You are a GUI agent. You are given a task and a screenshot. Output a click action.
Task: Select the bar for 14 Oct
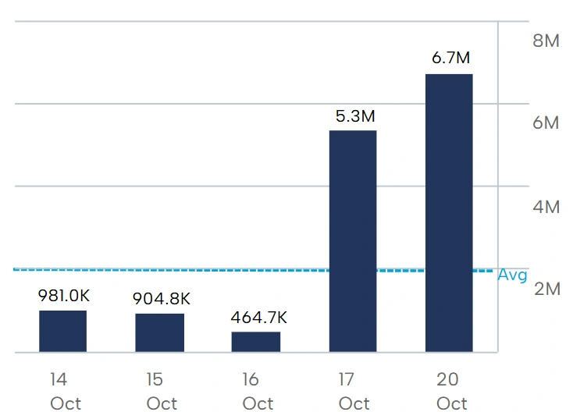coord(62,331)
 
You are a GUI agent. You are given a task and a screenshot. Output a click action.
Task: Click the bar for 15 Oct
coord(159,332)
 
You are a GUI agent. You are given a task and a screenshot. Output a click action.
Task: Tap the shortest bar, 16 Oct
coord(255,342)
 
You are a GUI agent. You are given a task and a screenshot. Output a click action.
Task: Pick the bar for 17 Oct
coord(352,241)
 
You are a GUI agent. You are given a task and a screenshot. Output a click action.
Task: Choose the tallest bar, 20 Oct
coord(449,213)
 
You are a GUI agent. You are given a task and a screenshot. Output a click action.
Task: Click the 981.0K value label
coord(63,296)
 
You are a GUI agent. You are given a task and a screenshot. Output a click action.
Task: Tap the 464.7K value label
coord(258,318)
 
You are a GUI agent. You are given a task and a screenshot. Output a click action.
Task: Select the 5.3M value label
coord(355,116)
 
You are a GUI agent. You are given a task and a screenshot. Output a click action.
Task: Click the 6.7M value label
coord(451,59)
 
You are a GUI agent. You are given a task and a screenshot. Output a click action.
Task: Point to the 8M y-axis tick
coord(546,41)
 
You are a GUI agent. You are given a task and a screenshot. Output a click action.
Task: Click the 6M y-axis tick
coord(546,123)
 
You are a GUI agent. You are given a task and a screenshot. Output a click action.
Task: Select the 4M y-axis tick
coord(546,207)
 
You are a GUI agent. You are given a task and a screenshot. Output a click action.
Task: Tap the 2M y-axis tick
coord(546,289)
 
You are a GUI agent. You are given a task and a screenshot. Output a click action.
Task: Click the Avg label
coord(513,275)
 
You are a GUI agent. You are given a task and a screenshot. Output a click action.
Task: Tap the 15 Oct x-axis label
coord(161,391)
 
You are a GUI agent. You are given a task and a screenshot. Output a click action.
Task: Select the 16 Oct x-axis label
coord(257,391)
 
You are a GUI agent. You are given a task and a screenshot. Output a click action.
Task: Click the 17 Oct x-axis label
coord(354,391)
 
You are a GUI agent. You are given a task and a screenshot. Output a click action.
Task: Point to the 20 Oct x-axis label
coord(450,391)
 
